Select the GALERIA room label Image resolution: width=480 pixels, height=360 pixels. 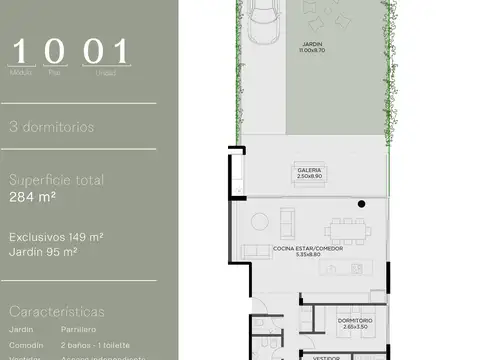click(309, 170)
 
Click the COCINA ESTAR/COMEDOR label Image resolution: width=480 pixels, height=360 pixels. click(308, 249)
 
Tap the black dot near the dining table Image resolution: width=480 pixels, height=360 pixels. click(361, 204)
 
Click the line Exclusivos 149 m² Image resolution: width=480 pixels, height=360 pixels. click(58, 237)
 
